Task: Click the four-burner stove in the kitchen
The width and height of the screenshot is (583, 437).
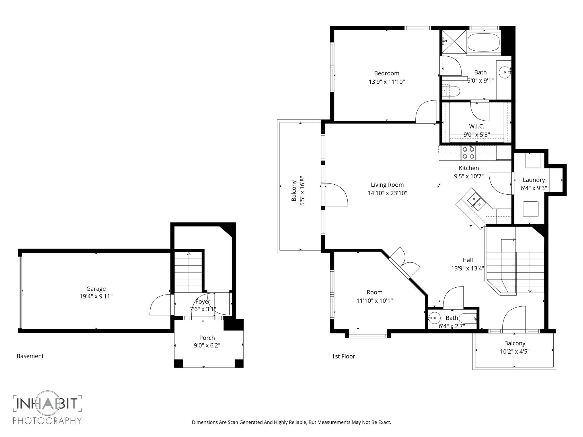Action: [x=468, y=153]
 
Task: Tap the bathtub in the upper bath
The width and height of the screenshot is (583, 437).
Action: [x=483, y=43]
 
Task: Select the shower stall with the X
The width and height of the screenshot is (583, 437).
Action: [x=454, y=42]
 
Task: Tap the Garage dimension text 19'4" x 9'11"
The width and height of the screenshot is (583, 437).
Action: [x=96, y=296]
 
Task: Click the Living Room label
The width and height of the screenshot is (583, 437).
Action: [x=387, y=185]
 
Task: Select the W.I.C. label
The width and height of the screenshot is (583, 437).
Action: [x=477, y=126]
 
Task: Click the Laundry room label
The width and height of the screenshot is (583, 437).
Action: [x=534, y=180]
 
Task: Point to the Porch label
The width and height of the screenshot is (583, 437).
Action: [x=207, y=338]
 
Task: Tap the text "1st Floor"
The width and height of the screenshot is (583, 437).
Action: [x=343, y=356]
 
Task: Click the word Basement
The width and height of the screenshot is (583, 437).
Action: [x=30, y=356]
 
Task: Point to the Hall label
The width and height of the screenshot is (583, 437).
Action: [x=467, y=260]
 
